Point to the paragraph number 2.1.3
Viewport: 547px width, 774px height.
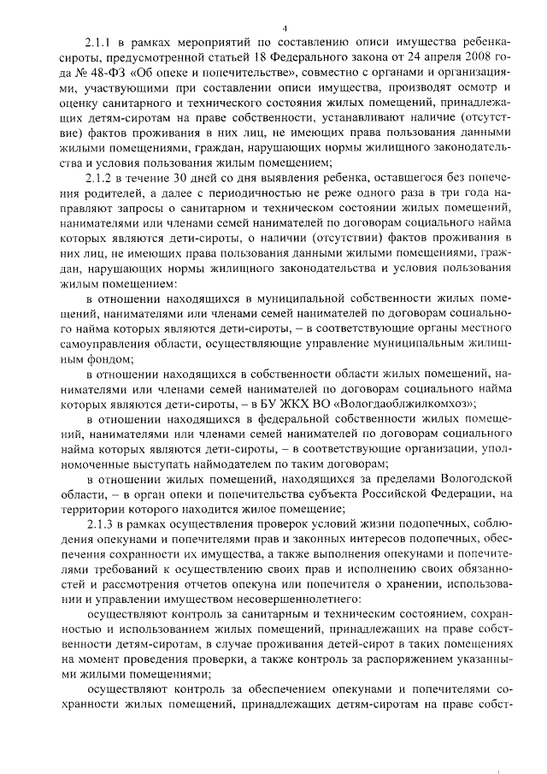tap(100, 523)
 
